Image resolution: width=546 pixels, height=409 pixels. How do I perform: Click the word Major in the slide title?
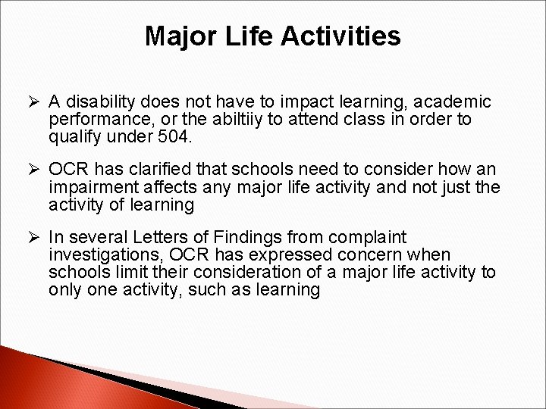point(179,36)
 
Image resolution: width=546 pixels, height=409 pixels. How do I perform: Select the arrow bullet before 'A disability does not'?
point(33,101)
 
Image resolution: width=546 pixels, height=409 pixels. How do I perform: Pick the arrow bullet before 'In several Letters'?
point(33,237)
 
